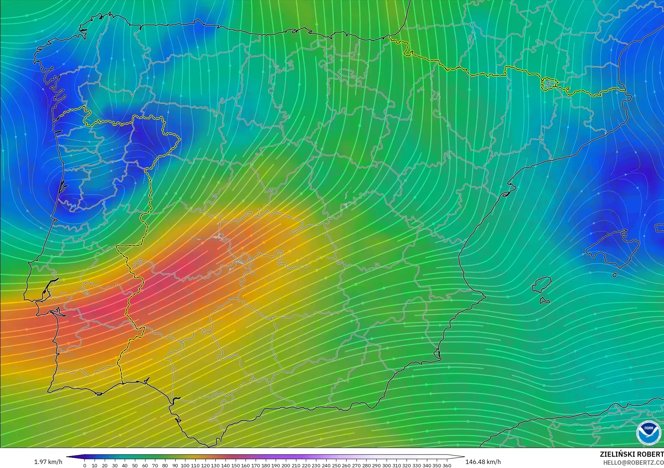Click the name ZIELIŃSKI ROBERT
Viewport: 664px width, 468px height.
(x=631, y=454)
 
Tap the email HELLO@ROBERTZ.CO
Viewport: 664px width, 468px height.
(x=633, y=463)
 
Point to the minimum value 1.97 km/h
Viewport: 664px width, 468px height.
(x=48, y=462)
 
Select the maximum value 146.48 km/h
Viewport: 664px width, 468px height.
(x=483, y=462)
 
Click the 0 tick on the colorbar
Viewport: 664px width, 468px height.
(x=85, y=465)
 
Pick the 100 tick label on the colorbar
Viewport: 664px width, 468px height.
(x=185, y=465)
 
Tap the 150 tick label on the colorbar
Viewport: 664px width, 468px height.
(x=235, y=465)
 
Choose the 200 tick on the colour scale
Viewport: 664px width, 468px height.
(x=286, y=465)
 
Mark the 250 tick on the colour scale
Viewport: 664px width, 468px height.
(x=336, y=465)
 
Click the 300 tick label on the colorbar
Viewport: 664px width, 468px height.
(x=387, y=465)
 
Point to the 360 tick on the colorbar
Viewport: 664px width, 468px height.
(x=447, y=465)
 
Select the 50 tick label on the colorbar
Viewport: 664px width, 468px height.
(x=135, y=465)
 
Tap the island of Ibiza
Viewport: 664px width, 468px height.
(x=541, y=284)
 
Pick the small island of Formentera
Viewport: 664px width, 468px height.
(x=544, y=300)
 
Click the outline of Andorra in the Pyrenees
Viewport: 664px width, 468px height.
(x=548, y=84)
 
